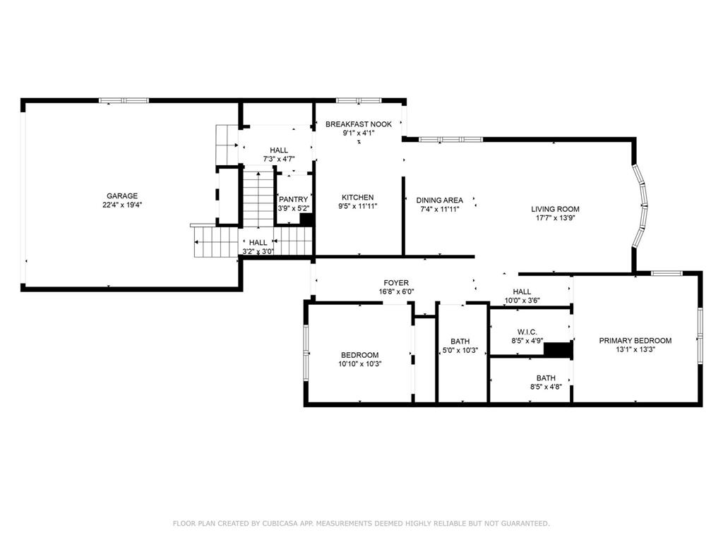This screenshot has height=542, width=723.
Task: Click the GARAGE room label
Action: pos(122,196)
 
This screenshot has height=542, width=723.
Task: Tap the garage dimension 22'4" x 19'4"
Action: pos(122,205)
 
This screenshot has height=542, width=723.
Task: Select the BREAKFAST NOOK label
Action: pos(358,124)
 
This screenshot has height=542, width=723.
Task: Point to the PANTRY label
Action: pos(293,200)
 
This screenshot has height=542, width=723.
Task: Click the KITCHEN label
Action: pos(358,198)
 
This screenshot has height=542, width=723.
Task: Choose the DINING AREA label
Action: pos(439,200)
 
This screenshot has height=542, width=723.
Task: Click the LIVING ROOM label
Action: pos(555,209)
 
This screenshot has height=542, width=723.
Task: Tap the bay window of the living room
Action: pos(641,205)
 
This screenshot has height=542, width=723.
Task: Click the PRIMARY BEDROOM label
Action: pos(635,341)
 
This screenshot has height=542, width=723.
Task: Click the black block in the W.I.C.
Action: pos(558,351)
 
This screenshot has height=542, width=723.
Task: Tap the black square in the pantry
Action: pos(306,219)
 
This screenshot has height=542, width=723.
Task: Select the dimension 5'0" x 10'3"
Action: pos(460,351)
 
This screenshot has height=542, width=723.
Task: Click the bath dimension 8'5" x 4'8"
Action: pos(545,387)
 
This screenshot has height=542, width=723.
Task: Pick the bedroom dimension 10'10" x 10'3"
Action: pos(360,364)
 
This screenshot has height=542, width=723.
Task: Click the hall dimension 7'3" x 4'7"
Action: pos(278,159)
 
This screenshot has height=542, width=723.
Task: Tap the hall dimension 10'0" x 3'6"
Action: pos(522,301)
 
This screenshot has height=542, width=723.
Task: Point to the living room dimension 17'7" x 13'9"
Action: pos(555,218)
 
